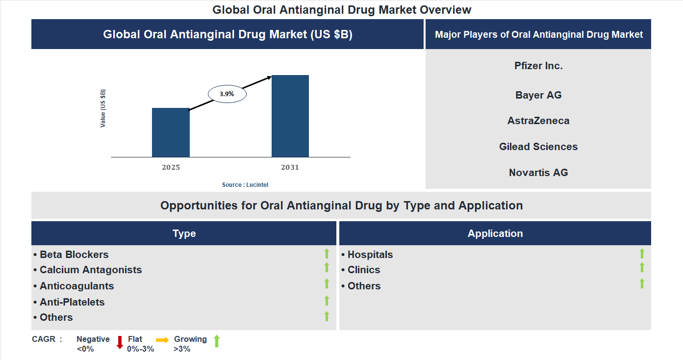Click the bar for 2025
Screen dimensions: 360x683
tap(171, 132)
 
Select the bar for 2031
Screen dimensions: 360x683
tap(290, 116)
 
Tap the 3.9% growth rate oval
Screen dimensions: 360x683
tap(227, 93)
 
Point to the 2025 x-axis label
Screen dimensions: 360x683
tap(171, 167)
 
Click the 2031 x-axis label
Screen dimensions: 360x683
tap(290, 167)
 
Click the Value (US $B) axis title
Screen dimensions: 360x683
tap(103, 108)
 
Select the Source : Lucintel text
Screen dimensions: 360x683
tap(245, 185)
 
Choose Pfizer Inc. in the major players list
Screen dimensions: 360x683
tap(538, 66)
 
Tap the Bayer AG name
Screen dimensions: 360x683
tap(538, 95)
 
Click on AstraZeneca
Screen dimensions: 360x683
tap(538, 121)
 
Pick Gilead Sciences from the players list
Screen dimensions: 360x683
tap(538, 147)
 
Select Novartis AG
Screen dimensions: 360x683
tap(538, 173)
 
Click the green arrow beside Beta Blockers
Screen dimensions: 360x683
tap(327, 254)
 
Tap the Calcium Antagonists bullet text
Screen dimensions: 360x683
tap(91, 270)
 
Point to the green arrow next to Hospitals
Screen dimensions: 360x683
tap(642, 254)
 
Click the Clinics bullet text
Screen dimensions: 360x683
tap(364, 270)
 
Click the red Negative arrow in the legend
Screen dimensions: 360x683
tap(120, 342)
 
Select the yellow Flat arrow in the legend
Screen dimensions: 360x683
tap(162, 340)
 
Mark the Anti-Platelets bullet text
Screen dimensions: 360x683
tap(72, 302)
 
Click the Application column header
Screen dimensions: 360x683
tap(495, 233)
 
